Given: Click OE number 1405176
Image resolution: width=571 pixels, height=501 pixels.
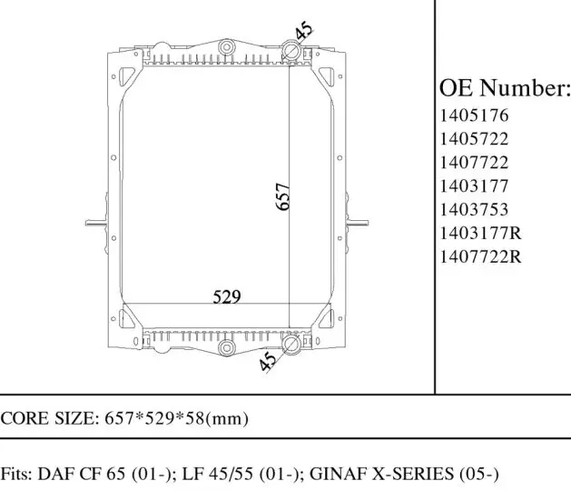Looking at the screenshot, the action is (x=474, y=115).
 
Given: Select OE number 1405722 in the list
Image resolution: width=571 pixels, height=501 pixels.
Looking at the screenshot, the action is (x=474, y=139).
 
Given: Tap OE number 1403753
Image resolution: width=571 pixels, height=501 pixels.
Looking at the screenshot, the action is (x=474, y=210).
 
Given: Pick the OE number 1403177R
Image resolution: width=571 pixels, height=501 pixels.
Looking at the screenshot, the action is (x=481, y=233).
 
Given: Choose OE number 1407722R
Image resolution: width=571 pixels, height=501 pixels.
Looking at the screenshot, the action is (x=481, y=256).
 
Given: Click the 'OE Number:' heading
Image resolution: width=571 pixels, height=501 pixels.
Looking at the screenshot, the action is (x=505, y=88).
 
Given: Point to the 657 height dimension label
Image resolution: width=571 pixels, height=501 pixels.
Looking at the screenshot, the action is (x=283, y=196).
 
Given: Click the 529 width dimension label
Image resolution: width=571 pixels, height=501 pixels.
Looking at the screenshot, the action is (x=227, y=296).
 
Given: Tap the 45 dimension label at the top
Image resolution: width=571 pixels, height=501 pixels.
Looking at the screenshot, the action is (x=304, y=30).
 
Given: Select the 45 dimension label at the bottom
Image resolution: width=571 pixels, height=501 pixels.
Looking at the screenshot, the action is (x=268, y=361).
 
